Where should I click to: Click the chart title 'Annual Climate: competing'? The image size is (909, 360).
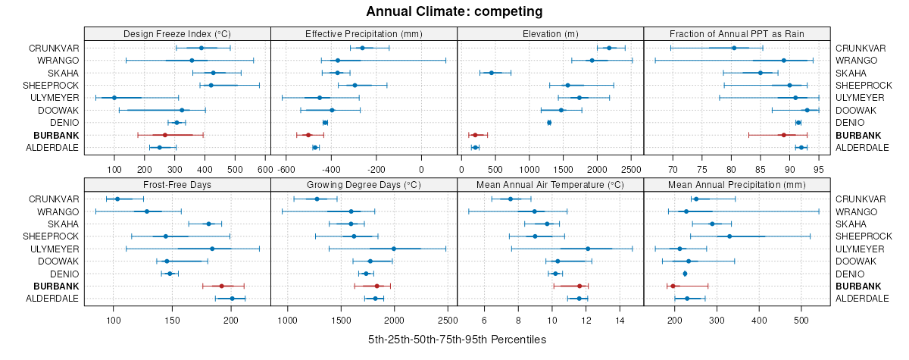(x=454, y=11)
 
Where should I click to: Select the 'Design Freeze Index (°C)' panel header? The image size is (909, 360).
(x=177, y=33)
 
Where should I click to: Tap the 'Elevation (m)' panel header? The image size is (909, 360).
(x=550, y=33)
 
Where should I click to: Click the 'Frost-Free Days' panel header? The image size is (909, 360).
(x=177, y=184)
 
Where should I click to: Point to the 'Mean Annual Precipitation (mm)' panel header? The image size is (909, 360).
(x=736, y=184)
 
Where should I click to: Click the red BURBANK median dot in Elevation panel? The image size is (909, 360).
(x=475, y=135)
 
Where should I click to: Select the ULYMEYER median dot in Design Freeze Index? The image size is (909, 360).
(x=114, y=98)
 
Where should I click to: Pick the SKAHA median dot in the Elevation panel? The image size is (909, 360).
(x=491, y=73)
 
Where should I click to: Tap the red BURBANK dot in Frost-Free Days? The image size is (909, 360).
(x=221, y=286)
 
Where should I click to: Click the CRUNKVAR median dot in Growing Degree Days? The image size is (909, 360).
(x=317, y=199)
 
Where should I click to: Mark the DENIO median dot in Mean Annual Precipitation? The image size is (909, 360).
(x=685, y=274)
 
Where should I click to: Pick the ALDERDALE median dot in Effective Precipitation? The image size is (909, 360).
(x=315, y=147)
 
